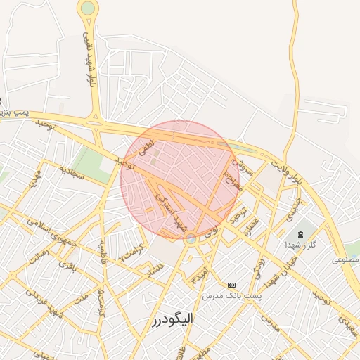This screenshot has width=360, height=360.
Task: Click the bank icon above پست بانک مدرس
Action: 231,284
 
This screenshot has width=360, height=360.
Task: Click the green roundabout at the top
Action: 88,8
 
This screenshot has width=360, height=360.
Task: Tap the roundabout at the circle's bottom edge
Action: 191,238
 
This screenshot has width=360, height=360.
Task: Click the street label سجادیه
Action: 72,172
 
